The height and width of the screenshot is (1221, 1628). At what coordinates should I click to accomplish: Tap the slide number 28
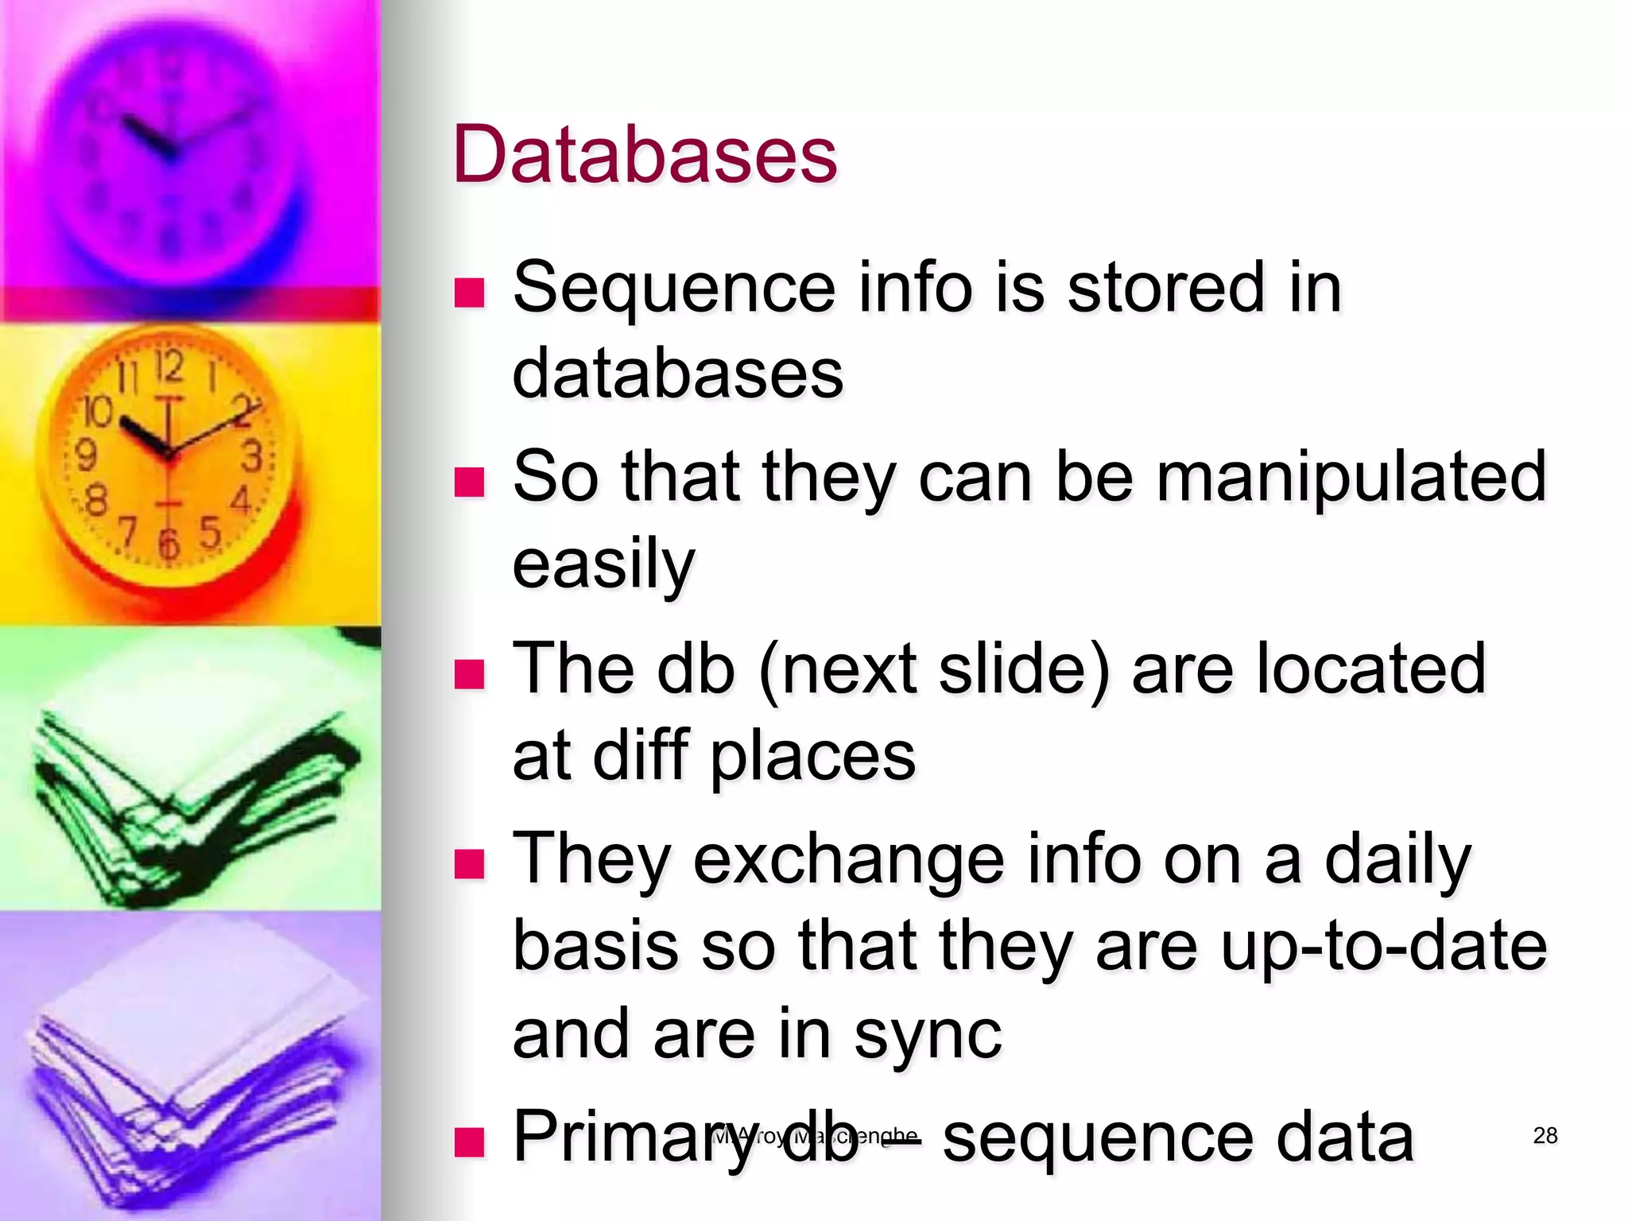(x=1545, y=1135)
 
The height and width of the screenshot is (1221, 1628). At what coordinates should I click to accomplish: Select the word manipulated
(x=1351, y=477)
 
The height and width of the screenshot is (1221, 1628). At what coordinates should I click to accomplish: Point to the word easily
(x=603, y=564)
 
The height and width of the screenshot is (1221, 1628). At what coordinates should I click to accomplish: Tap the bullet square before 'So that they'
(x=469, y=481)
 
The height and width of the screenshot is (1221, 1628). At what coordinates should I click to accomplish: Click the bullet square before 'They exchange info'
(x=469, y=863)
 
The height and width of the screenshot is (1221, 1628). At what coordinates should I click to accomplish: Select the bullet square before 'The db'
(x=469, y=673)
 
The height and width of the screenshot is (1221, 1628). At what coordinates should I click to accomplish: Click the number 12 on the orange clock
(x=169, y=367)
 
